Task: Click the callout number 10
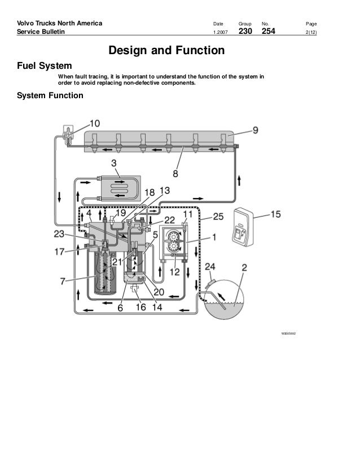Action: [95, 124]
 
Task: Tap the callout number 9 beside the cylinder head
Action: [256, 130]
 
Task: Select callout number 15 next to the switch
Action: [275, 214]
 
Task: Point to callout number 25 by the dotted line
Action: [218, 217]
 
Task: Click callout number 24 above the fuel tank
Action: [210, 267]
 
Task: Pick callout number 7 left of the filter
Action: [63, 281]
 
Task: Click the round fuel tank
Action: [223, 298]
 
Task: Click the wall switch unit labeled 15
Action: [243, 227]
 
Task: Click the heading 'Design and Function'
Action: [166, 50]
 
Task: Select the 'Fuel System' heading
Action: [44, 65]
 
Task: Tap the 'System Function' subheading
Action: [50, 95]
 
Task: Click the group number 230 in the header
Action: [245, 31]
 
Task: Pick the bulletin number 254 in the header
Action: [269, 31]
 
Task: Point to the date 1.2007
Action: [220, 32]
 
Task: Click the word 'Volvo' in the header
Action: [25, 23]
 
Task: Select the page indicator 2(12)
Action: [311, 32]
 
